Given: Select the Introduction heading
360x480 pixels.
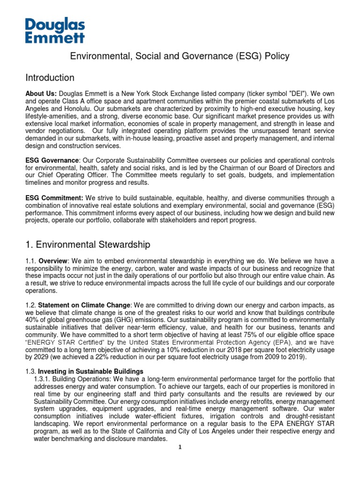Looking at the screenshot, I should [50, 78].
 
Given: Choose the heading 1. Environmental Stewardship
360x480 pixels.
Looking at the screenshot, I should [88, 245].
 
